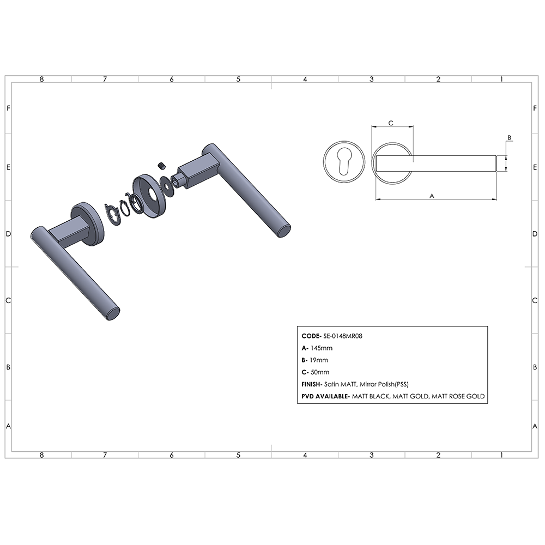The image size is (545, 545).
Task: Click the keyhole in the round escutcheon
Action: (x=344, y=162)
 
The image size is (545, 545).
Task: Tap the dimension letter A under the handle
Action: (x=432, y=196)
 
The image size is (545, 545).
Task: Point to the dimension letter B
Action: (x=509, y=138)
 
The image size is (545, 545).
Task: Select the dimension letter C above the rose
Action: (x=391, y=123)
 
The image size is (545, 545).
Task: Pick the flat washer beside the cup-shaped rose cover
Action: (x=167, y=186)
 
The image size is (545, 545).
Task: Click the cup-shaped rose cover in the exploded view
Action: (x=147, y=197)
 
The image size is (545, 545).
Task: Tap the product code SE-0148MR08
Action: (x=343, y=336)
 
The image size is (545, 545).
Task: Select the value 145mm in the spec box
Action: (x=322, y=348)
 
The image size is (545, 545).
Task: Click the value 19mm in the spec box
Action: (x=319, y=360)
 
